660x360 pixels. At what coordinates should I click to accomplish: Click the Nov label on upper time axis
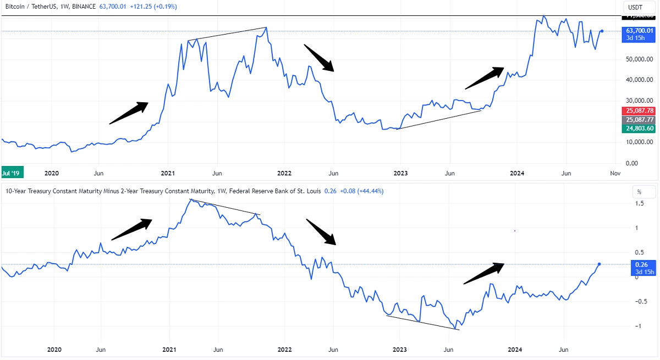[615, 173]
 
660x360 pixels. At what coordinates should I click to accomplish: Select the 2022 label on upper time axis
[284, 173]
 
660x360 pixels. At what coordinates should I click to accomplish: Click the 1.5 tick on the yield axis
[639, 203]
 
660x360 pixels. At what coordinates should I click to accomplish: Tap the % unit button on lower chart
[639, 192]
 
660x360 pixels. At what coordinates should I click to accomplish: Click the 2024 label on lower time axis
[515, 350]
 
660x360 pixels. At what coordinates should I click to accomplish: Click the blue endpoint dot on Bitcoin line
[602, 31]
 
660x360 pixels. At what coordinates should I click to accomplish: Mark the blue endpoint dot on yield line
[599, 264]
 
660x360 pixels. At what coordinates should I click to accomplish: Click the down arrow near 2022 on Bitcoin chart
[320, 58]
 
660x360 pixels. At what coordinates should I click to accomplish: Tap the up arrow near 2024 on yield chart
[484, 273]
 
